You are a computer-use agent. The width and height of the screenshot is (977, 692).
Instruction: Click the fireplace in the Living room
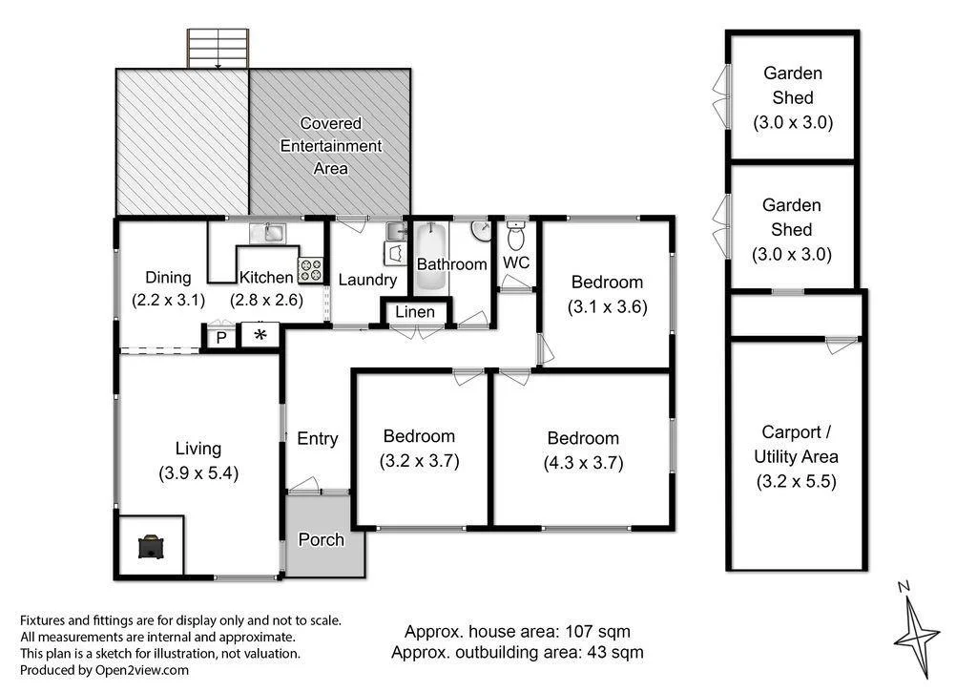point(149,547)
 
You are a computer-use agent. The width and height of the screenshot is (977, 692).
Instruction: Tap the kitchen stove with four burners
point(311,270)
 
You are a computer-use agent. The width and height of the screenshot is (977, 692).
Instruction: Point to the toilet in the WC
point(515,234)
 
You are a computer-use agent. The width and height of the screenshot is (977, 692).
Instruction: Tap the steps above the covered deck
point(218,49)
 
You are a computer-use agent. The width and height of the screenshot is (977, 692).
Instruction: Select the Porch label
point(322,539)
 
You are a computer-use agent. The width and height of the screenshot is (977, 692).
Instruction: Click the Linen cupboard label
point(415,312)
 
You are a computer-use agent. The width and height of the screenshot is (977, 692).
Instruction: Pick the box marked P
point(221,337)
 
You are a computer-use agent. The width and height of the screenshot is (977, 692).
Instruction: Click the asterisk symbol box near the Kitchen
point(260,335)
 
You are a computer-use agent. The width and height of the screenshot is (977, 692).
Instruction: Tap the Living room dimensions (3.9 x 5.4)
point(197,472)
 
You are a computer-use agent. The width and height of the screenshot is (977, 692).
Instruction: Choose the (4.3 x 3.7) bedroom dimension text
point(583,463)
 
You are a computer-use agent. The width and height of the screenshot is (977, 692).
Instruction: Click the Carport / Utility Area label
point(795,444)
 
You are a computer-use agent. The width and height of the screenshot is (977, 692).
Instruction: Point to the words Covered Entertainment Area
point(331,146)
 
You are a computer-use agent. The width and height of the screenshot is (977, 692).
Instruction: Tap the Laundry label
point(367,280)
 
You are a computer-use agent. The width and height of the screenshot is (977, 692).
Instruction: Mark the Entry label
point(317,438)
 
